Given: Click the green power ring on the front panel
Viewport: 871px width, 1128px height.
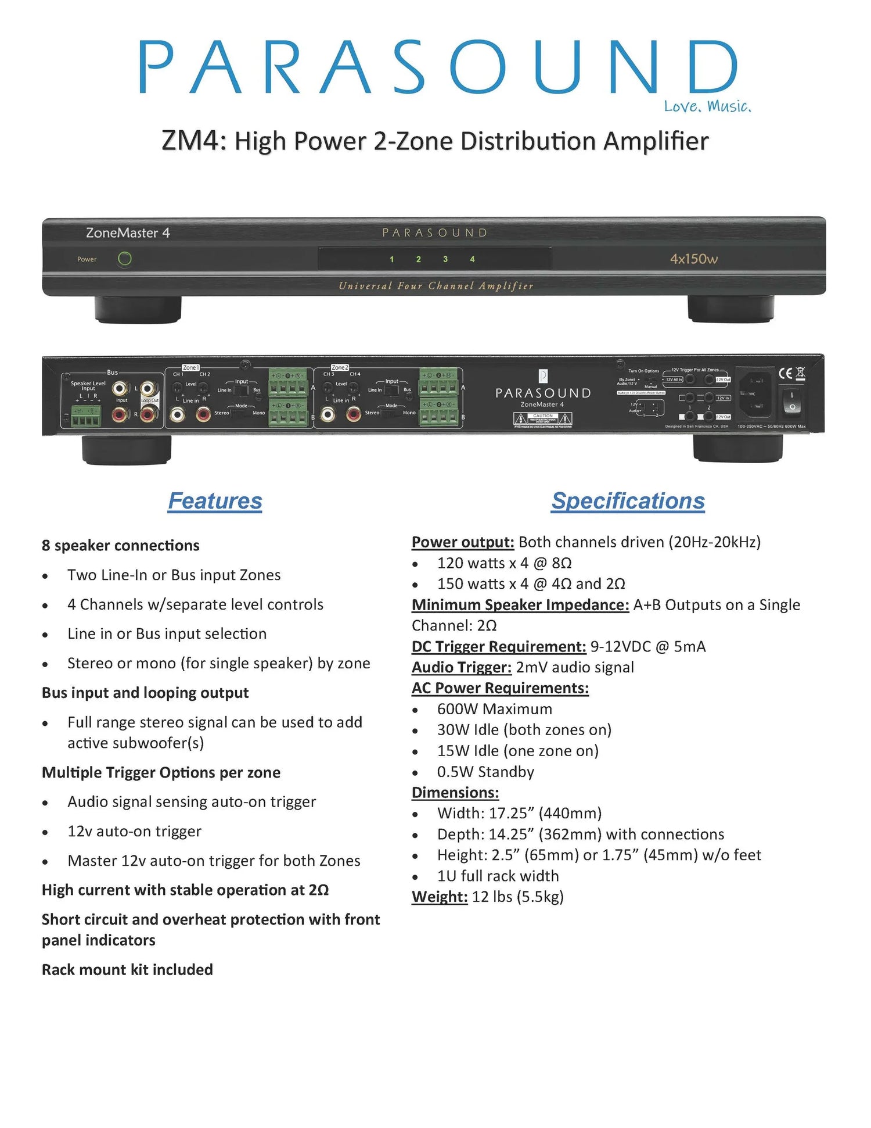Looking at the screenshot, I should coord(124,259).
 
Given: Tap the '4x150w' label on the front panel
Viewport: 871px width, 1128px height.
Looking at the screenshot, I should coord(694,259).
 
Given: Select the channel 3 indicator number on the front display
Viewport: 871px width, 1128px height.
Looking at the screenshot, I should coord(445,259).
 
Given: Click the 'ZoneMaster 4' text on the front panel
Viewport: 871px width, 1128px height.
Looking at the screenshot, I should coord(128,232).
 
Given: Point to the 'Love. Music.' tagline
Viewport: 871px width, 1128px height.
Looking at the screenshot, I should coord(707,106).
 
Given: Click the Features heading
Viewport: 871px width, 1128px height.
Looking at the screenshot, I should coord(215,501).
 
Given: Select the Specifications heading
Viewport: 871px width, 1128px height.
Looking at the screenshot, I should coord(628,501).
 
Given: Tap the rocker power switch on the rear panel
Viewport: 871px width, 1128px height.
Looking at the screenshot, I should coord(791,402).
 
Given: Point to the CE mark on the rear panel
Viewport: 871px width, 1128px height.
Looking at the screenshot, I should coord(785,374).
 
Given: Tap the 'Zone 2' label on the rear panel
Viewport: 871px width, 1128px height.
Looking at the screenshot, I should coord(340,368).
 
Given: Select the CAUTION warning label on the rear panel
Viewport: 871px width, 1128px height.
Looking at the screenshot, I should coord(543,419).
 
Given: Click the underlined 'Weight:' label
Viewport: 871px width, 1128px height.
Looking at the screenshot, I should coord(440,897).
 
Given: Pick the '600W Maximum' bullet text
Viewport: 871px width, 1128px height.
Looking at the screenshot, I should coord(495,709).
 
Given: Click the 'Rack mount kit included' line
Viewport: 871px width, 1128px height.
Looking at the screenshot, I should coord(127,969).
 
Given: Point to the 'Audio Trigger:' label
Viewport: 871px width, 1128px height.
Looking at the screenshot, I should coord(462,667).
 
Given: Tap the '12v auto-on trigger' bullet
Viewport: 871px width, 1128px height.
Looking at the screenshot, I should coord(135,831).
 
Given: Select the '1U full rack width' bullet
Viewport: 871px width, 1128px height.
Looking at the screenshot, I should coord(498,876).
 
